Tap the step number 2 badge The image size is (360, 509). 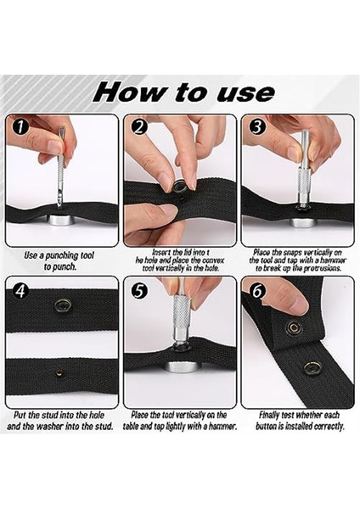[139, 127]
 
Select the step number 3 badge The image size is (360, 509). [257, 127]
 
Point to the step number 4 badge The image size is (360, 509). [20, 291]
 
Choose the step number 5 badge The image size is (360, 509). [139, 291]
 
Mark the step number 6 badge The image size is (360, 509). [257, 291]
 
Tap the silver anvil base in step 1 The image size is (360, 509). [61, 220]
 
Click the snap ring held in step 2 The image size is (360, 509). [181, 187]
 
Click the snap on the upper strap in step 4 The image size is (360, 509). [62, 305]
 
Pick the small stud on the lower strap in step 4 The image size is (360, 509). [59, 372]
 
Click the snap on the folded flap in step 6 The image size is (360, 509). [294, 327]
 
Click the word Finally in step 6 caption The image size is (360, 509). [269, 415]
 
